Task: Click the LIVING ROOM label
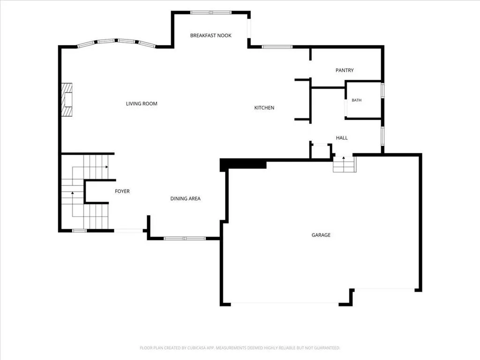click(142, 104)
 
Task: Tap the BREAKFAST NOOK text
click(210, 36)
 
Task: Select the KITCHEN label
click(264, 108)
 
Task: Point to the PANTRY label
click(345, 70)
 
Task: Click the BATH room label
click(356, 100)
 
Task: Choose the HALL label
click(342, 138)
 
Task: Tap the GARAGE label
click(321, 235)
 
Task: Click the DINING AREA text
click(185, 199)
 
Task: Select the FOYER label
click(122, 191)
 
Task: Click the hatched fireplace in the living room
click(67, 99)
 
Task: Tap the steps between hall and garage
click(345, 165)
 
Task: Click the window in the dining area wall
click(185, 239)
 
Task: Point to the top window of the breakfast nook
click(210, 13)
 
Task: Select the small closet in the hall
click(321, 151)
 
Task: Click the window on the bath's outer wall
click(382, 90)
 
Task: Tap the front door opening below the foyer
click(128, 231)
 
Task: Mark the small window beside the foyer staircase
click(79, 231)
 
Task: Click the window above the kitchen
click(277, 47)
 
